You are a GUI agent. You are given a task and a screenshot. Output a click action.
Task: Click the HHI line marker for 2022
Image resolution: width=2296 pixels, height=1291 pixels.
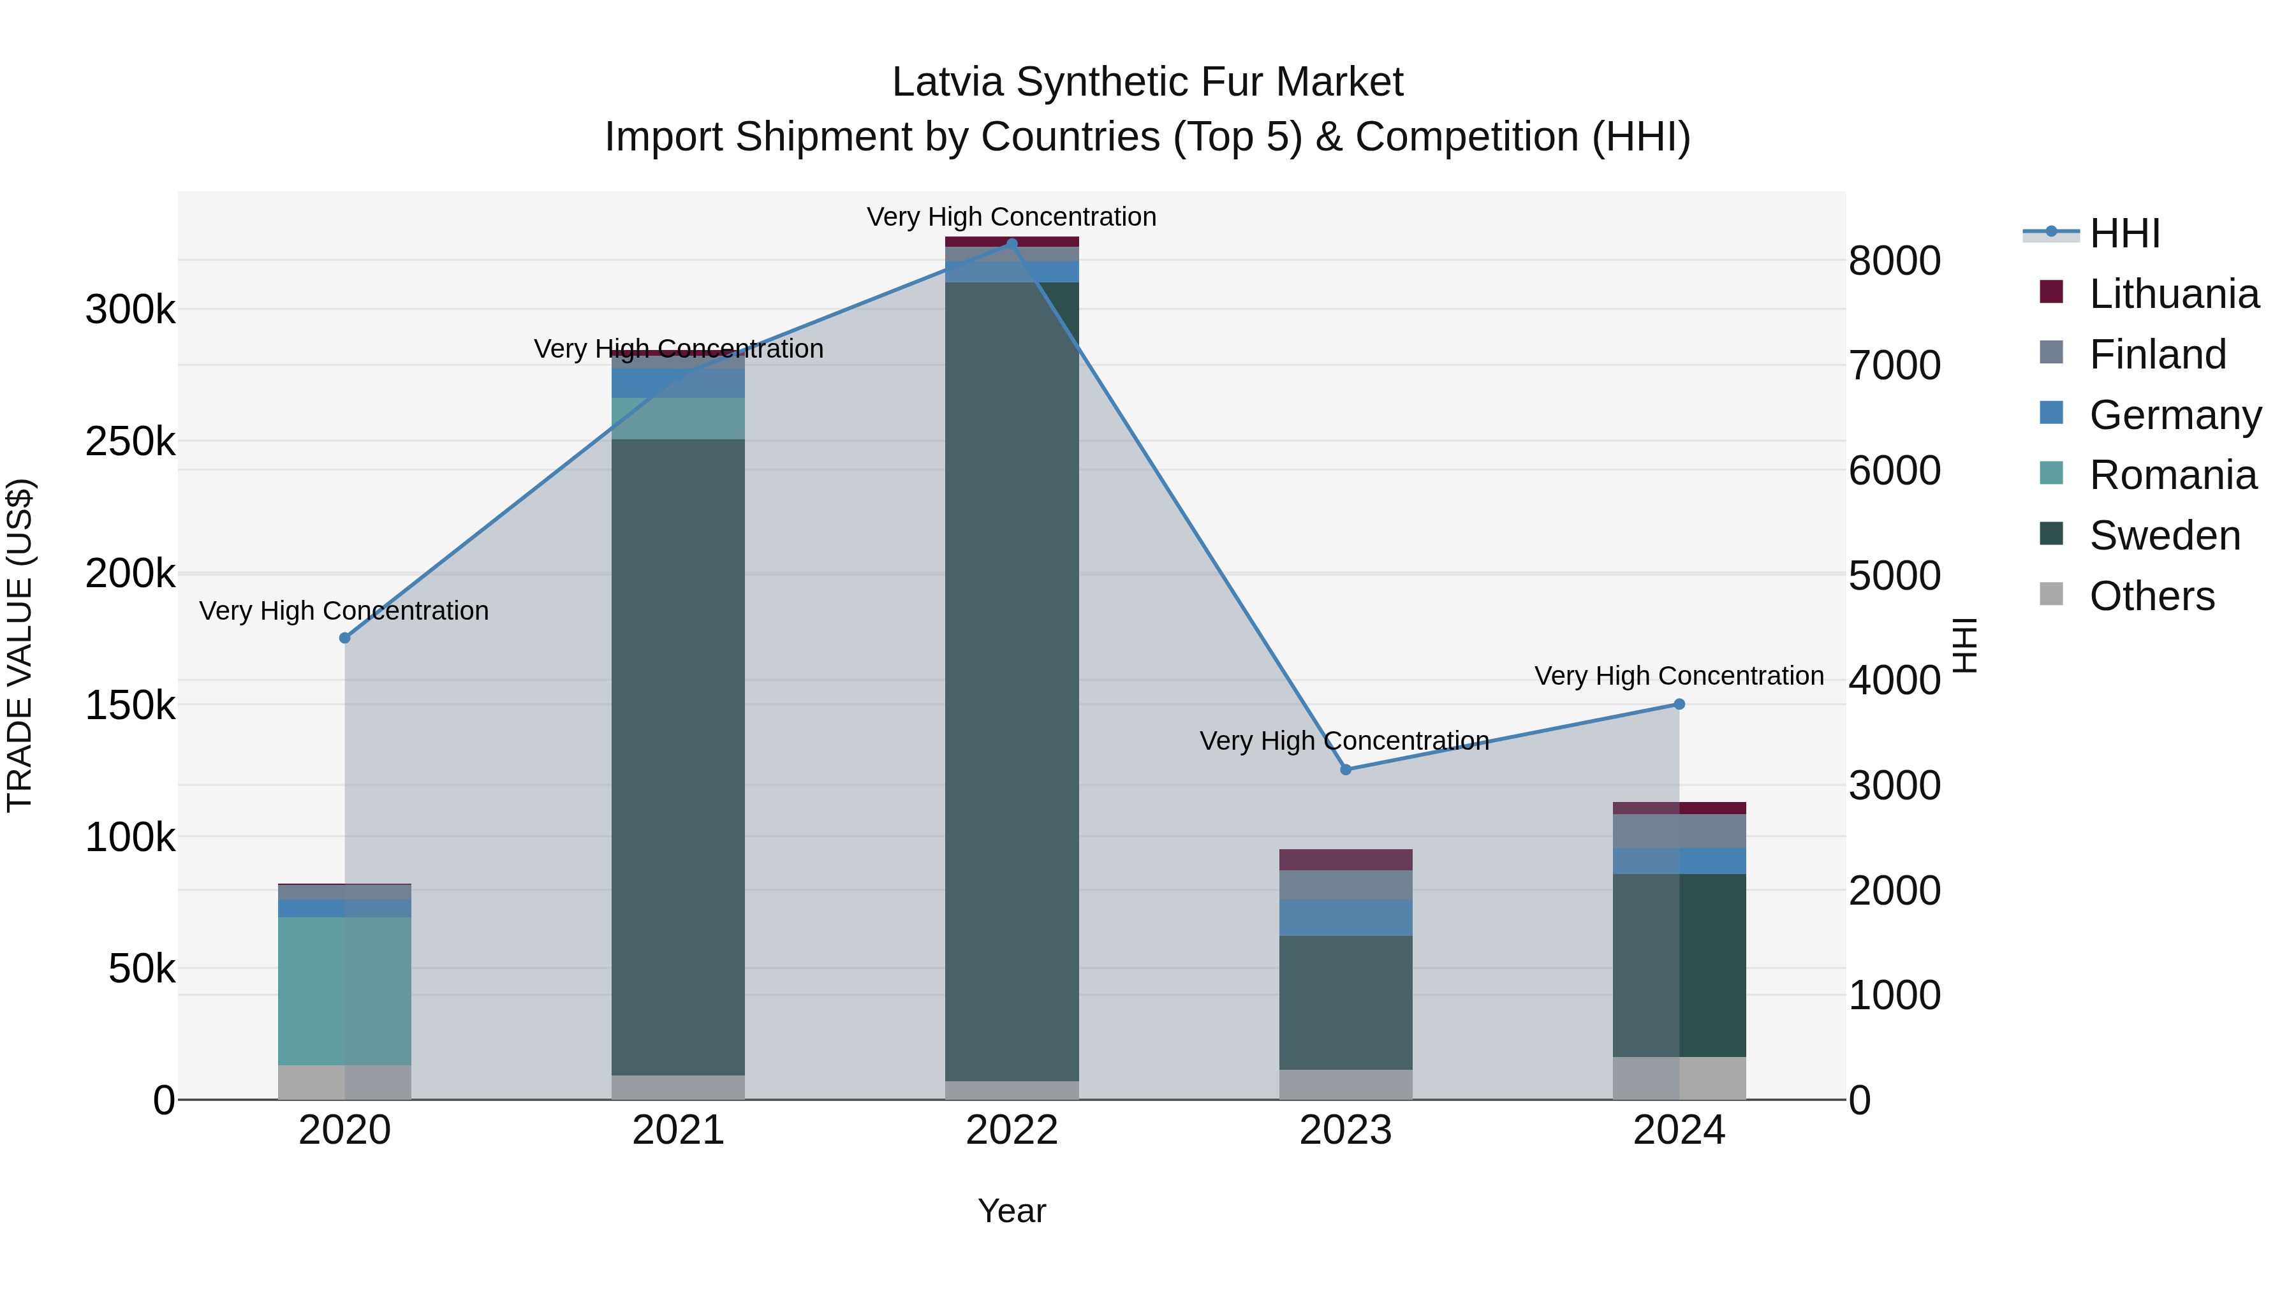[1012, 244]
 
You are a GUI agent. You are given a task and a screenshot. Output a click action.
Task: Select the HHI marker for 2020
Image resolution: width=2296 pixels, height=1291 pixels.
[345, 638]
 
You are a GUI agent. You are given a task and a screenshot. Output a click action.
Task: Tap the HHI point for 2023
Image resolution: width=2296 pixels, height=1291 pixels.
[1346, 769]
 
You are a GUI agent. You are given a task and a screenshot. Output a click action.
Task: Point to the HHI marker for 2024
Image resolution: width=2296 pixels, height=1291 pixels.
[1679, 704]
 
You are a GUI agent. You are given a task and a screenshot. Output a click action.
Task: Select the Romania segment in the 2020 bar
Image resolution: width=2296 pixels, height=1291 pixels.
[345, 991]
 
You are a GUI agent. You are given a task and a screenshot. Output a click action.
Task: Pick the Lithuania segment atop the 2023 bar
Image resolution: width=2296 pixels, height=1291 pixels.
[1346, 860]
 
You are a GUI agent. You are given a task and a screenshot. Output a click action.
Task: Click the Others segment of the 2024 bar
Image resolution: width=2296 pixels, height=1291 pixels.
[1679, 1078]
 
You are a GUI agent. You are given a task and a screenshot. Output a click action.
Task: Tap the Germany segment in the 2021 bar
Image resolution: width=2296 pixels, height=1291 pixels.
[679, 383]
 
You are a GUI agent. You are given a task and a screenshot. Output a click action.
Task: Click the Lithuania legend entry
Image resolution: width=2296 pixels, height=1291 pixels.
[2173, 294]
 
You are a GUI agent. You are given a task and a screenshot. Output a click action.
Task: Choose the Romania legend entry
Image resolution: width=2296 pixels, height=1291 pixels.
[2172, 475]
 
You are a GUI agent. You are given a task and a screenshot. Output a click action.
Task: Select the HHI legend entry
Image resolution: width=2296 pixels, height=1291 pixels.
[2124, 233]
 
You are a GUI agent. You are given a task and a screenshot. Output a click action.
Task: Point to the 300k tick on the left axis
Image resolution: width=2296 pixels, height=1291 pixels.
[130, 310]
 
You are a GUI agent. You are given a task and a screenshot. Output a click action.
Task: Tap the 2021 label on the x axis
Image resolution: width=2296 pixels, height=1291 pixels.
[679, 1130]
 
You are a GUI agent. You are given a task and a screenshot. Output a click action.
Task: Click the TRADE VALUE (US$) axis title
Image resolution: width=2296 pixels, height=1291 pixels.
[20, 645]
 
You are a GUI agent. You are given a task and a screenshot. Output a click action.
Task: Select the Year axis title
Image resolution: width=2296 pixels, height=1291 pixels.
[1012, 1211]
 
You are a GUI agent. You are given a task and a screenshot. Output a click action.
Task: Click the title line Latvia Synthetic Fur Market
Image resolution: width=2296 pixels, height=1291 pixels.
[1147, 82]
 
